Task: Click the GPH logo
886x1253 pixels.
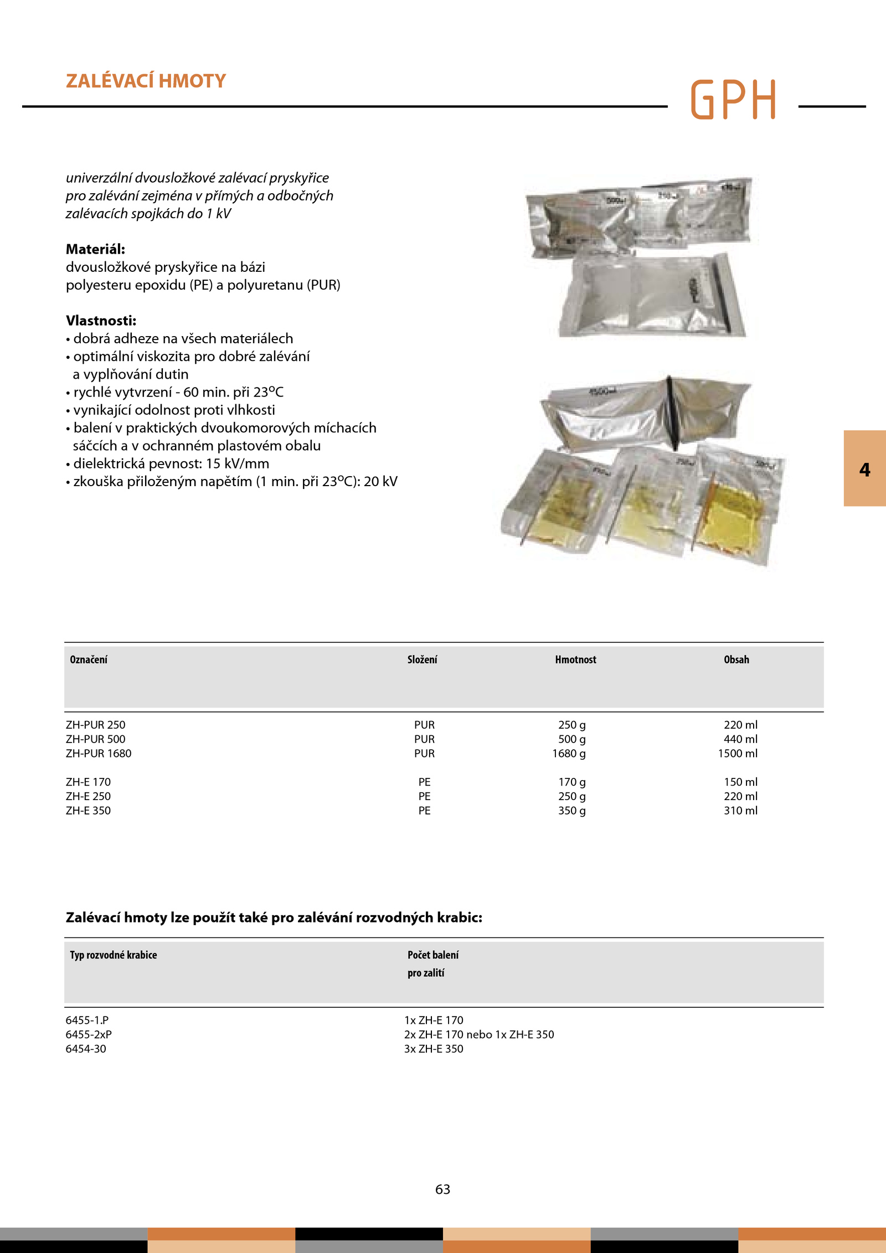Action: pos(733,100)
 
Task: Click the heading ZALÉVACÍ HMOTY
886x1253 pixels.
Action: pos(146,81)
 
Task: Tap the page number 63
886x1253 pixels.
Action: pos(442,1189)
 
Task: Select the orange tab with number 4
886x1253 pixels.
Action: pos(864,468)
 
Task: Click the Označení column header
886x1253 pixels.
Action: pos(89,659)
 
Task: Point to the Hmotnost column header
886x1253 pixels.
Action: pos(575,659)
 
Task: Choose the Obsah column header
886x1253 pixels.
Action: pos(736,659)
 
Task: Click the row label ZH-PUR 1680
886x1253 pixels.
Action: pos(99,753)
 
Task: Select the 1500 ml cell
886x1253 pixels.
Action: pos(738,753)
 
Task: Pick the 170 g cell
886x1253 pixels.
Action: pos(571,782)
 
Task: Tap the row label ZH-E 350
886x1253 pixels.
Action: pos(88,811)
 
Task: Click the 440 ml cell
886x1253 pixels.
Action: pos(740,739)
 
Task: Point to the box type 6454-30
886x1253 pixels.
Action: pos(86,1049)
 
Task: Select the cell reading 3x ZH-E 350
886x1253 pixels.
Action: pos(434,1049)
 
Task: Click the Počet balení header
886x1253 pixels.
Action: pos(433,955)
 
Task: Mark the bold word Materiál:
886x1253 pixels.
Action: pos(95,249)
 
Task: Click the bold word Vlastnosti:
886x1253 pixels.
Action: pos(101,321)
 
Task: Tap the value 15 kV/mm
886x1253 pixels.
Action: pos(238,463)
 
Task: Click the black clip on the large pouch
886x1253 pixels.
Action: pos(672,412)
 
